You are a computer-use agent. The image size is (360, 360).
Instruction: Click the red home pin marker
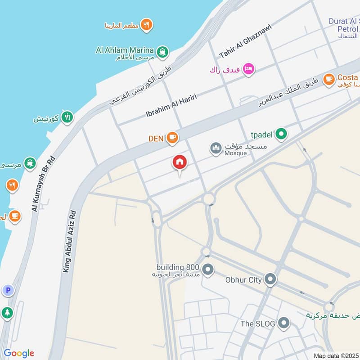click(179, 162)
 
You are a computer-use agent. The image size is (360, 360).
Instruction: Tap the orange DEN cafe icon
click(172, 138)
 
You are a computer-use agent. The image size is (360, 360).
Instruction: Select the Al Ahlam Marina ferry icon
click(162, 50)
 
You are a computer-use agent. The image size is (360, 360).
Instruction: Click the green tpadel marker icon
click(281, 134)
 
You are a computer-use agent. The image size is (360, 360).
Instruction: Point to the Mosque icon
click(216, 148)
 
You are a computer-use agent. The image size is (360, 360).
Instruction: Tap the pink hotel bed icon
click(248, 69)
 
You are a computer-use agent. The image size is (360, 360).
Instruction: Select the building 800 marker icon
click(207, 270)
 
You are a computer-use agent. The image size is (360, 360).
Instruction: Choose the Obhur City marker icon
click(270, 280)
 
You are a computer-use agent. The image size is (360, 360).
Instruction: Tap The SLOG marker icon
click(283, 323)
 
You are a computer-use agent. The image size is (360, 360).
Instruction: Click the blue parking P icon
click(8, 291)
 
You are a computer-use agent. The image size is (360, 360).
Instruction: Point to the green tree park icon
click(8, 312)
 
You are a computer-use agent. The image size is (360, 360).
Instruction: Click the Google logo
click(19, 353)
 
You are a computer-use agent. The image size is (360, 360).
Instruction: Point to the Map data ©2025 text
click(335, 355)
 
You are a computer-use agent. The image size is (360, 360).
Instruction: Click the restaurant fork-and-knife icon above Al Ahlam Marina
click(146, 25)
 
